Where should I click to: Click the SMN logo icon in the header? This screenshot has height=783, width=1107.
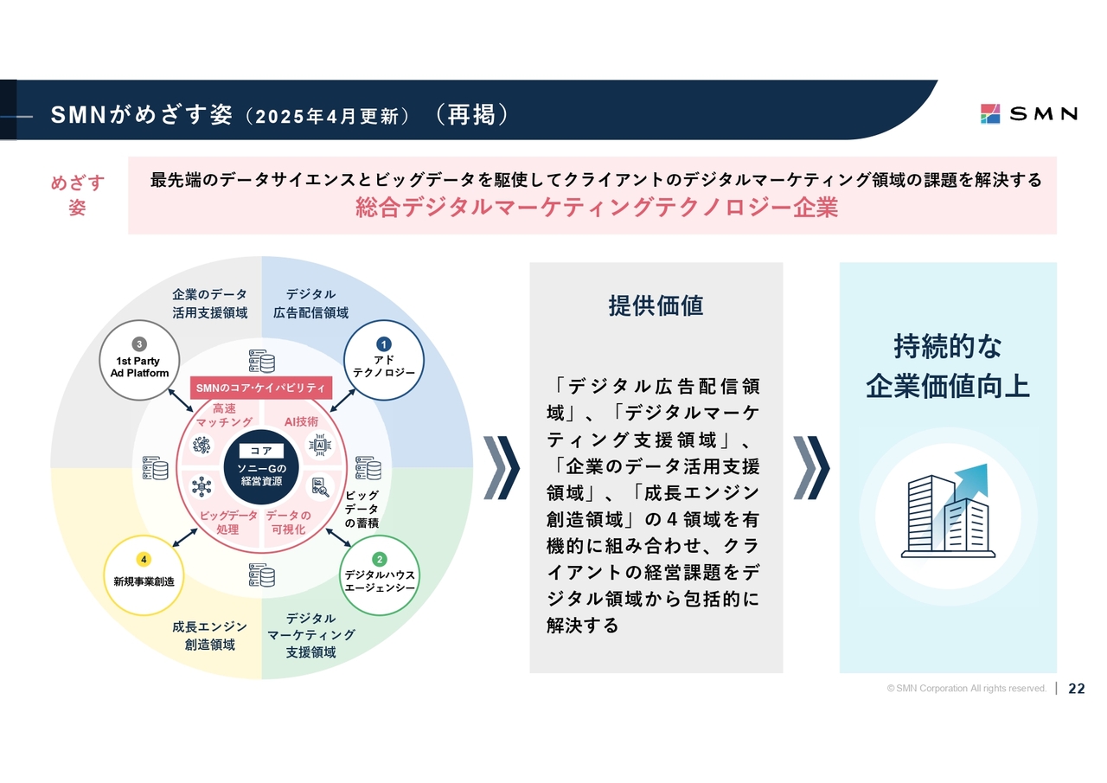coord(990,113)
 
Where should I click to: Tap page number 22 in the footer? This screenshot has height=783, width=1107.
coord(1077,689)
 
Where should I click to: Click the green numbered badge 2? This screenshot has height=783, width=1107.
coord(379,559)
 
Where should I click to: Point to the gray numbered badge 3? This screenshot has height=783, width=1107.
coord(139,344)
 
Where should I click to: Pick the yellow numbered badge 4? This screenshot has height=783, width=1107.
coord(144,559)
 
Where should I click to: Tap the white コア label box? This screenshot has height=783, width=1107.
coord(261,451)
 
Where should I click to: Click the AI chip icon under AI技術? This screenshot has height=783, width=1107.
coord(320,445)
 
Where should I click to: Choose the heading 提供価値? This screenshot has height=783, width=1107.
coord(656,305)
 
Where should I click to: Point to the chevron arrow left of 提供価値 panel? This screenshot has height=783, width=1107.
coord(502,468)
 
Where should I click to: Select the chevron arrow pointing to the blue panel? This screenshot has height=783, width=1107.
coord(811,468)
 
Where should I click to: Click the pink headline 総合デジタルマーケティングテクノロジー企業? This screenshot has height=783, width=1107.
coord(597,209)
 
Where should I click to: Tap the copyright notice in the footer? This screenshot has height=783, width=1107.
coord(966,689)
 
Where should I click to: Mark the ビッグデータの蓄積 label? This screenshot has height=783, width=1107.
coord(362,510)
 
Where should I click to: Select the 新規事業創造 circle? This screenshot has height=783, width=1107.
coord(144,575)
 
